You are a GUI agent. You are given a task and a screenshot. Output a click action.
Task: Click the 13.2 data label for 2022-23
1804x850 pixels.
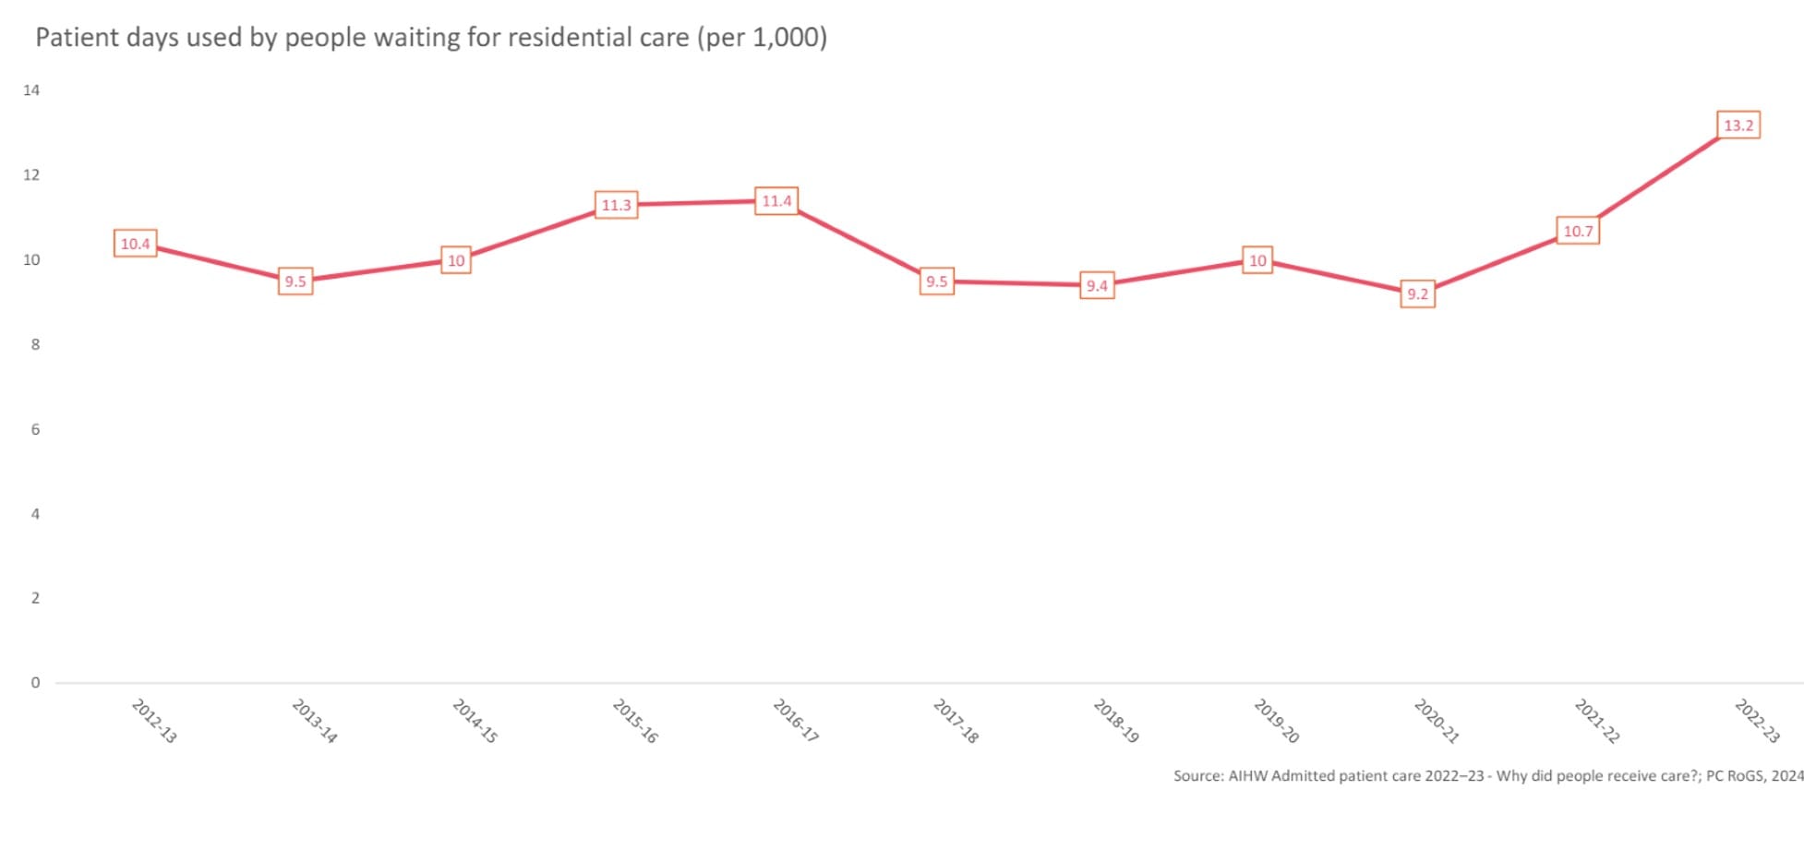click(x=1738, y=126)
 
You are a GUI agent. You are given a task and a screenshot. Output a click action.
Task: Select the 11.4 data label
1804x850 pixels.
click(x=776, y=201)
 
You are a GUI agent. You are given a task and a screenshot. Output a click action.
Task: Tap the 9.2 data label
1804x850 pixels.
click(x=1417, y=294)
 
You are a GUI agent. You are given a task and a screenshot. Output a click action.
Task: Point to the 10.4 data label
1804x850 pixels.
click(x=135, y=244)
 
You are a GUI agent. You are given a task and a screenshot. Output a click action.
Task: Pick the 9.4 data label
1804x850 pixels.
click(x=1097, y=286)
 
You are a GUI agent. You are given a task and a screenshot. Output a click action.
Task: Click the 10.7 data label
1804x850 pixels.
click(x=1578, y=231)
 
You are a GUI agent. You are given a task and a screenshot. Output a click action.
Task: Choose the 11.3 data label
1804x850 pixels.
click(x=616, y=205)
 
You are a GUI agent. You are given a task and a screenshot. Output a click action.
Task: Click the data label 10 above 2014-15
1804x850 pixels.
click(x=456, y=261)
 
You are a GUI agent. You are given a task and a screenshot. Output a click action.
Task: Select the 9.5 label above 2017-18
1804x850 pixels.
click(x=937, y=281)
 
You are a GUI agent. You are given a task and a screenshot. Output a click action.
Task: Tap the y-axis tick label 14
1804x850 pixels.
click(x=31, y=90)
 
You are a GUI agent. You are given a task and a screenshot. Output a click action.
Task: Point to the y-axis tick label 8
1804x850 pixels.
click(x=35, y=344)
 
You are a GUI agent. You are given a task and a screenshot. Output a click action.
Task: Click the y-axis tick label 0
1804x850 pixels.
click(x=35, y=683)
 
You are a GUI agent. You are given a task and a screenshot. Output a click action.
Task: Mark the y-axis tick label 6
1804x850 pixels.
click(x=35, y=429)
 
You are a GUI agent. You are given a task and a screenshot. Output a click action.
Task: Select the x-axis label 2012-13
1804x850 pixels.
click(x=154, y=722)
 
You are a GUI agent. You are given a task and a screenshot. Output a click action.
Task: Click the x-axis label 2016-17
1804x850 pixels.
click(x=796, y=722)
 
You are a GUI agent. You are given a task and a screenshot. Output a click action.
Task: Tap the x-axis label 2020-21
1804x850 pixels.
click(x=1437, y=722)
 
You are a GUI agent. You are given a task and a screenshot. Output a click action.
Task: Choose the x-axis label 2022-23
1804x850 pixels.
click(x=1757, y=722)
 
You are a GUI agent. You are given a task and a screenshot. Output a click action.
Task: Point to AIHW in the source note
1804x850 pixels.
click(x=1246, y=776)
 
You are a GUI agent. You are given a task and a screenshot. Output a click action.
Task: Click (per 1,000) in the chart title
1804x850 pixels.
click(x=762, y=38)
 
